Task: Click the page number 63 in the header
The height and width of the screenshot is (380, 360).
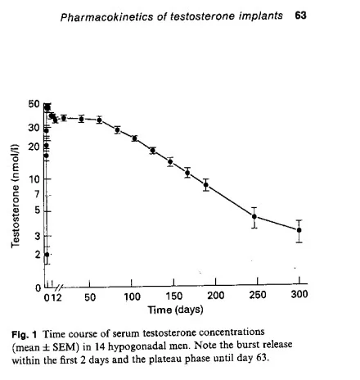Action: click(x=300, y=16)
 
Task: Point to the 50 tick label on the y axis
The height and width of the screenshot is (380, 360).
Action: click(x=34, y=104)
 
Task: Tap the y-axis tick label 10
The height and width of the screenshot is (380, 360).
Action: click(x=34, y=179)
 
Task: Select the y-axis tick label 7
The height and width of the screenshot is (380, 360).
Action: click(x=37, y=194)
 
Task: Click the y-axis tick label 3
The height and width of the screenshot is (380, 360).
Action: click(x=38, y=236)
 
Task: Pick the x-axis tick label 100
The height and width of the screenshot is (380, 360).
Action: click(x=132, y=296)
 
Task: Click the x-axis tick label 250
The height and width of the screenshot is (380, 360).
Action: click(x=258, y=295)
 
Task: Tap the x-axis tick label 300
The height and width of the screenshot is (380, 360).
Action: click(x=299, y=294)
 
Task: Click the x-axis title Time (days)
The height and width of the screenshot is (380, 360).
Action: click(x=175, y=310)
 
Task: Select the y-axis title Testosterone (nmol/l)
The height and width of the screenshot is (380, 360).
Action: click(x=16, y=196)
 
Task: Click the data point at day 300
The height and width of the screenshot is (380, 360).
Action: click(x=299, y=230)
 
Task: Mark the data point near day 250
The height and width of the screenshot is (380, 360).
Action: click(x=254, y=216)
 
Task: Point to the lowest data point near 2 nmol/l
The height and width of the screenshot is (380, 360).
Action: click(x=47, y=255)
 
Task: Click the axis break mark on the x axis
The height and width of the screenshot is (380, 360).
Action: click(x=60, y=287)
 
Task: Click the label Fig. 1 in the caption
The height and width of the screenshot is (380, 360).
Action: click(x=24, y=334)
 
